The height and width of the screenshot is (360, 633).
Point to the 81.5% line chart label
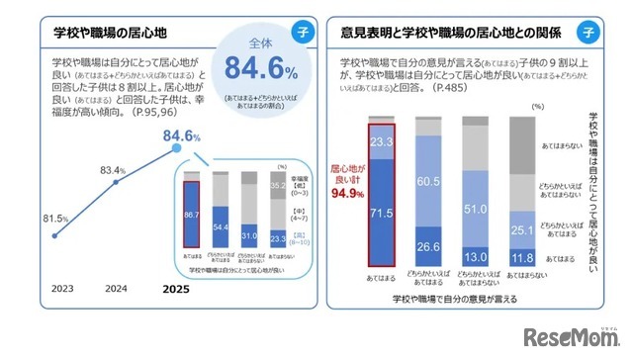[x=53, y=218]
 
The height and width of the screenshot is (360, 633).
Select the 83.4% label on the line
[x=114, y=170]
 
